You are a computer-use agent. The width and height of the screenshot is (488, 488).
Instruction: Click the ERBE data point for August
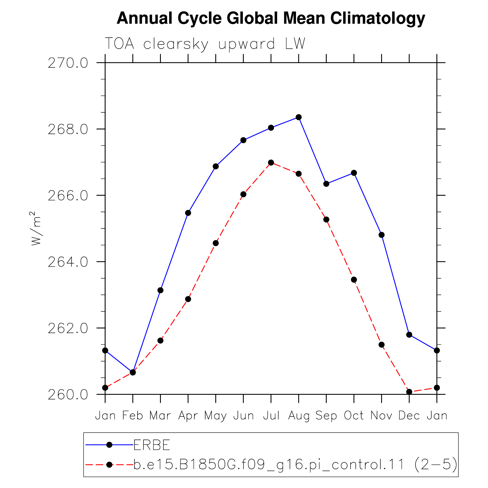299,117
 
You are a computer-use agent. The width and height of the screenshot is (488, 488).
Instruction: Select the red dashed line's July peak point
271,163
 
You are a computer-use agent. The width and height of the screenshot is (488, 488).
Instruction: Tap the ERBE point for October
354,173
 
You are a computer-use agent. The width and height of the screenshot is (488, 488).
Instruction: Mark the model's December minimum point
409,392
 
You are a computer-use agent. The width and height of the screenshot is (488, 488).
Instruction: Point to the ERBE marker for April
188,213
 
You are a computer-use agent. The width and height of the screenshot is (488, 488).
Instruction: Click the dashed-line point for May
216,243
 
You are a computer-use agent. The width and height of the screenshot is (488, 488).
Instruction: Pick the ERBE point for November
381,235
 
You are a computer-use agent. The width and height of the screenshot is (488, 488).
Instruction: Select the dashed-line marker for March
160,341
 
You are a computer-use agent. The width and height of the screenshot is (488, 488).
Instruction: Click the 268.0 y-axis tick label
68,129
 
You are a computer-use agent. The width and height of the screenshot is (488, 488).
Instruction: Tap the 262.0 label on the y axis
68,329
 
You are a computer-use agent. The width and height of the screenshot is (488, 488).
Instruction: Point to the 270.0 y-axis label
68,63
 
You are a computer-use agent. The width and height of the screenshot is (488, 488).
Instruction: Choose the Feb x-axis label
133,415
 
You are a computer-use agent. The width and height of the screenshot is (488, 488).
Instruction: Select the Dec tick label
409,415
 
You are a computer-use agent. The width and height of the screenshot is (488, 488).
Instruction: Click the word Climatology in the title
378,18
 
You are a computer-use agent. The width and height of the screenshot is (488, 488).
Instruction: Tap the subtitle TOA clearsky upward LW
205,44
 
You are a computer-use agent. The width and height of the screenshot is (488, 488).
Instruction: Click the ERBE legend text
152,445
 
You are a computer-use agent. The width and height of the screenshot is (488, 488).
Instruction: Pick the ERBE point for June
243,140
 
